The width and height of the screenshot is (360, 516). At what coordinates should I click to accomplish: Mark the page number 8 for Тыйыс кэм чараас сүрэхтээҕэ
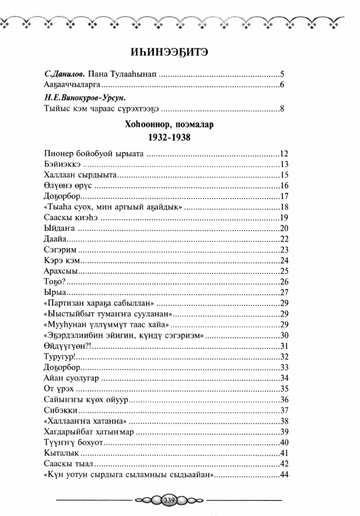283,109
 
